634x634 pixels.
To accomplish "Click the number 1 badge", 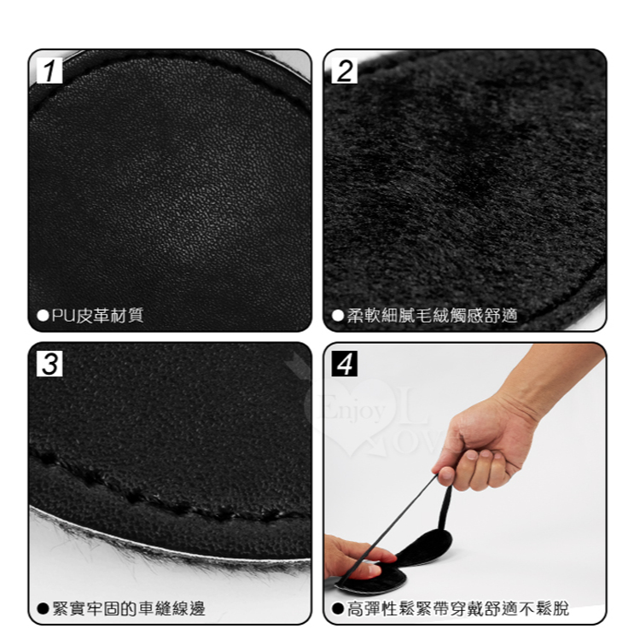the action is click(49, 70).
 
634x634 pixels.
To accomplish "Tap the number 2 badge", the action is click(345, 70).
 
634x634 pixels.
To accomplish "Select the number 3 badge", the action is click(49, 364).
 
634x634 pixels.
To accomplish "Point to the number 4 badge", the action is click(345, 364).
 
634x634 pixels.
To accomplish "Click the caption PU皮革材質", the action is click(97, 316).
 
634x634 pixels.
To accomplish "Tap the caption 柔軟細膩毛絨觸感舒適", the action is click(433, 316).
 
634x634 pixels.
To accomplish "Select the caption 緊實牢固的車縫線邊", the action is click(129, 608).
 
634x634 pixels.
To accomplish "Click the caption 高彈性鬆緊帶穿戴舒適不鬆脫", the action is click(458, 608).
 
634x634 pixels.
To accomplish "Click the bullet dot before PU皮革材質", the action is click(43, 316).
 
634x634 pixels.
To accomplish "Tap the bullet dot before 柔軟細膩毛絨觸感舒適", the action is click(338, 316).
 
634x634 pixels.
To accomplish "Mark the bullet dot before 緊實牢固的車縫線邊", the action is click(43, 608).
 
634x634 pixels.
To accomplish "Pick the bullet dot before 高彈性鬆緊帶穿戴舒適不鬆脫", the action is click(338, 608).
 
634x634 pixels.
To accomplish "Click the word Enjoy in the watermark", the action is click(352, 411).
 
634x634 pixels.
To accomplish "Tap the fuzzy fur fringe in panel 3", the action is click(162, 557).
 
